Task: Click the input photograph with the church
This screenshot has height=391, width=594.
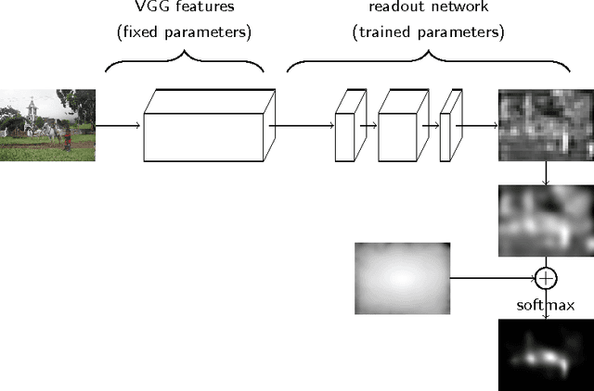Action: click(x=47, y=125)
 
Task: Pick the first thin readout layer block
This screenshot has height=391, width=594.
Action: click(x=345, y=125)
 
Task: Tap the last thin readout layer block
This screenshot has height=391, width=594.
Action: click(x=450, y=125)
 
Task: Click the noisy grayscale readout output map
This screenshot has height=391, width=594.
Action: click(x=545, y=125)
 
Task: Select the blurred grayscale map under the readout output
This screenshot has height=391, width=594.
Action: click(x=545, y=221)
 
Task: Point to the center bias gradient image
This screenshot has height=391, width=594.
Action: click(x=401, y=277)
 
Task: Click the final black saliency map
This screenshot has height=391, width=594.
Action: click(x=545, y=354)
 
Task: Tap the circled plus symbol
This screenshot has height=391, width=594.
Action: click(x=546, y=277)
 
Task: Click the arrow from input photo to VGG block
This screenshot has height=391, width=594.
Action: click(x=119, y=125)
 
